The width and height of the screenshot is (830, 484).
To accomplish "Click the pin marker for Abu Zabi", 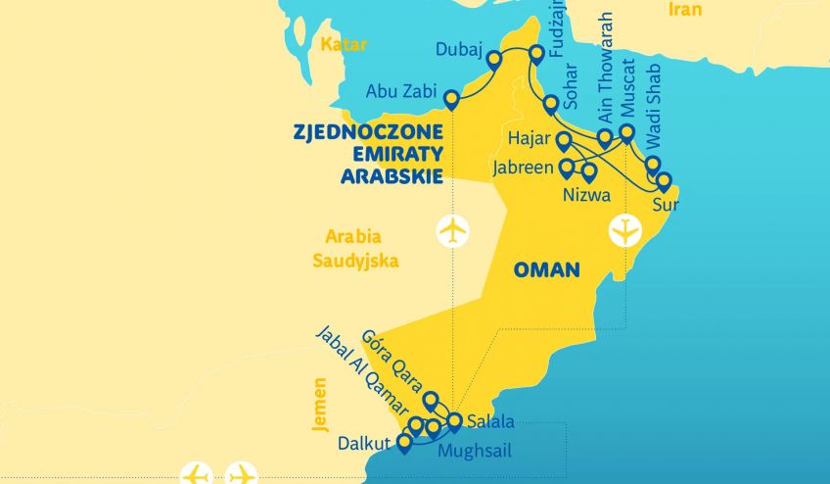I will click(x=451, y=99).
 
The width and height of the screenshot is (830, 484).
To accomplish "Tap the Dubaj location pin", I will click(x=493, y=60).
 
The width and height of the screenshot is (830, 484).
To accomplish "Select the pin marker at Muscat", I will click(x=627, y=133).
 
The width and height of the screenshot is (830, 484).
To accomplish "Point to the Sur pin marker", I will click(x=664, y=181).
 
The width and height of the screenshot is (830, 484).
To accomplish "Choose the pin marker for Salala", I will click(x=454, y=421).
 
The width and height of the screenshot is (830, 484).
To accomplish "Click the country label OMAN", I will click(x=547, y=269).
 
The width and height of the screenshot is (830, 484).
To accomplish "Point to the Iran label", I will click(x=685, y=9).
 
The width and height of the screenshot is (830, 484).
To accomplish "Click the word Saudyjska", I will click(x=355, y=261).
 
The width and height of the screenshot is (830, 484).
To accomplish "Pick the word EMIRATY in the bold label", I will click(x=392, y=153).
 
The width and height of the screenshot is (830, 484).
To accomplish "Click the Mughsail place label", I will click(x=474, y=452).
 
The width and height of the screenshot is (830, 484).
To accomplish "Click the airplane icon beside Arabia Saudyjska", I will click(x=452, y=231).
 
